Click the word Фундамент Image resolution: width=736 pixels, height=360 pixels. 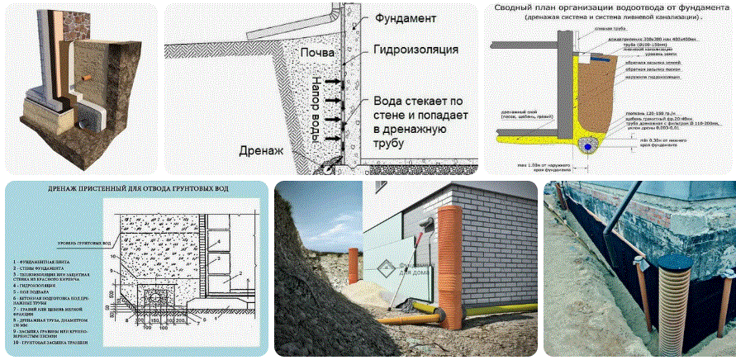coord(404,17)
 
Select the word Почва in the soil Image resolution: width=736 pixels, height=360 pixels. coord(318,54)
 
